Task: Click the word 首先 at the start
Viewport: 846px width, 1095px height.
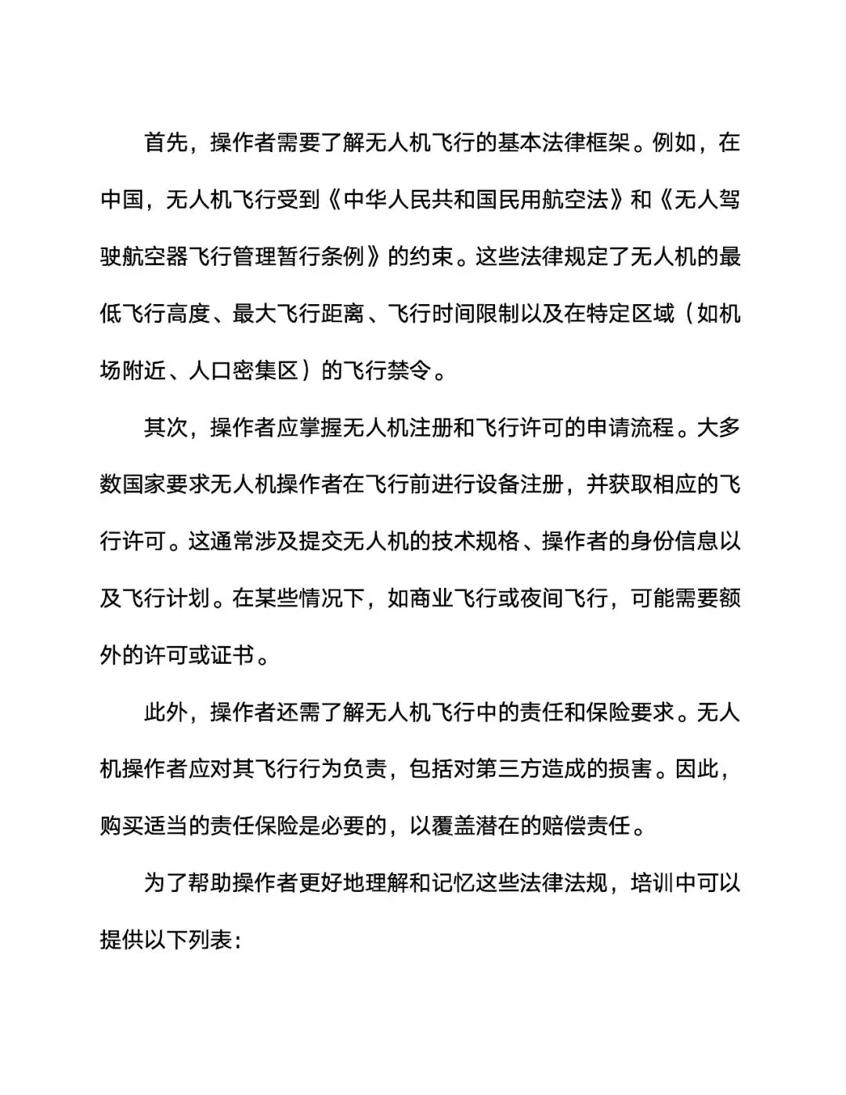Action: click(x=166, y=143)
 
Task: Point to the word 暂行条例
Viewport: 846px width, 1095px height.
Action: click(x=321, y=256)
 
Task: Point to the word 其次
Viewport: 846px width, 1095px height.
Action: click(x=166, y=428)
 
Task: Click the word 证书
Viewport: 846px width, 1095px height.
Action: click(x=233, y=655)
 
